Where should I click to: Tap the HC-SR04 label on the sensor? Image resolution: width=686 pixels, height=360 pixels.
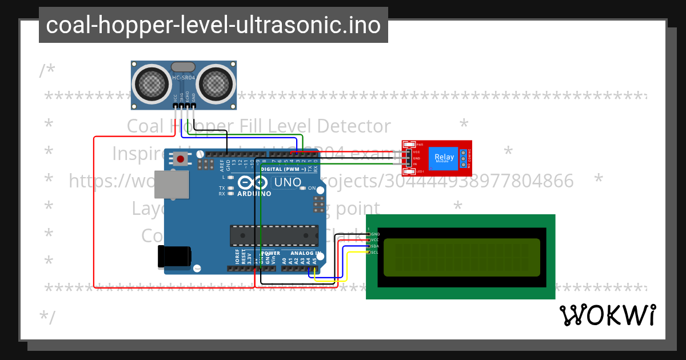[184, 77]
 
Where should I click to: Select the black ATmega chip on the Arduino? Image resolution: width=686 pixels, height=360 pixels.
[274, 235]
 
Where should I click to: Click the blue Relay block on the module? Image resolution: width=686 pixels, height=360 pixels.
[444, 157]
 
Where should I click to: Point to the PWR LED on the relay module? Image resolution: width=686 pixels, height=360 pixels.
[409, 145]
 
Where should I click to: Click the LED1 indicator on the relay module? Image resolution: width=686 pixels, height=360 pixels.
[409, 171]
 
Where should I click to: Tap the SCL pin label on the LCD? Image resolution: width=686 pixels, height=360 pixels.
[375, 252]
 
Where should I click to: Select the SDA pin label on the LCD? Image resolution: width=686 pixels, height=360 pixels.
[375, 246]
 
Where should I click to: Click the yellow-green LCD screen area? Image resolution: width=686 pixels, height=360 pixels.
[461, 257]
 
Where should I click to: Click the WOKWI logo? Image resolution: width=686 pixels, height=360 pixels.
[607, 315]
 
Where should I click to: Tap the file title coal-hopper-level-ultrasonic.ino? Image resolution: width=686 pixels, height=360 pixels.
[213, 25]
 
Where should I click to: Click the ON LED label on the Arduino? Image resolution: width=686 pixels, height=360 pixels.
[312, 188]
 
